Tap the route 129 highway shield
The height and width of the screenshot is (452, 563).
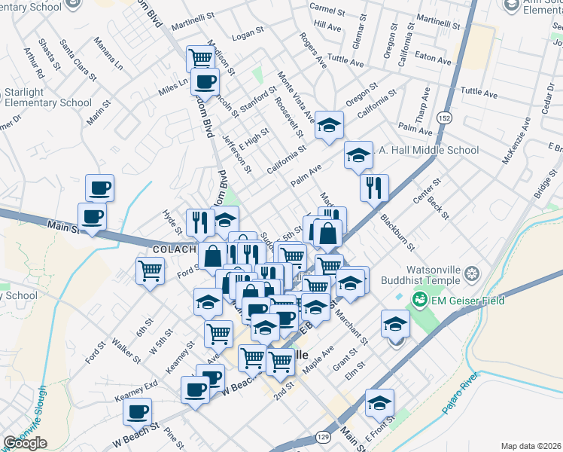point(324,437)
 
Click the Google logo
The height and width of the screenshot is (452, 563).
point(25,443)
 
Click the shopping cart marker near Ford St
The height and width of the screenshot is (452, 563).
point(151,270)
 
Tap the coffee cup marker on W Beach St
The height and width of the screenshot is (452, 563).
point(137,412)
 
